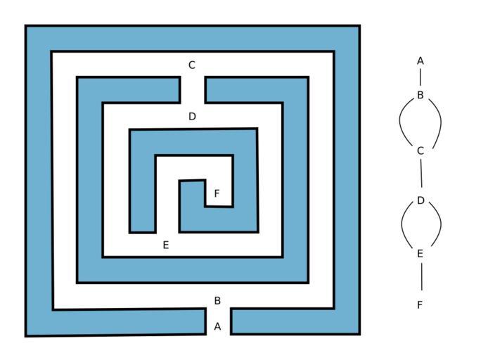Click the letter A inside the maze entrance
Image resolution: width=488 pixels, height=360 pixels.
[x=217, y=326]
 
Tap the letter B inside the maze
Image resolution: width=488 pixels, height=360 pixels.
[x=217, y=300]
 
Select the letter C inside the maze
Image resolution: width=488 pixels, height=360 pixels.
[x=192, y=65]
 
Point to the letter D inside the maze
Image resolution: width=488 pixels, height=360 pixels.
[x=193, y=117]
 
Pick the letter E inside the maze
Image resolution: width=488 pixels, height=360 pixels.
[x=166, y=245]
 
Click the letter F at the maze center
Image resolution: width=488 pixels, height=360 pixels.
[x=217, y=193]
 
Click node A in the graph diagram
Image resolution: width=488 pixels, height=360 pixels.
[x=420, y=61]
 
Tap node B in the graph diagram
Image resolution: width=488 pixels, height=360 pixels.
[x=420, y=95]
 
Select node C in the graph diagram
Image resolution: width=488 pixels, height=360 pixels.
[x=420, y=151]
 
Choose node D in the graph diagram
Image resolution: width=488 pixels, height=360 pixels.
[x=420, y=200]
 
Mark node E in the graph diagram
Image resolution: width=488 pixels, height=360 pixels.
[x=420, y=254]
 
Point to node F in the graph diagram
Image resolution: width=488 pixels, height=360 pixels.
[x=420, y=305]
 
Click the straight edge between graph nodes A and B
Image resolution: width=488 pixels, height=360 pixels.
[x=420, y=77]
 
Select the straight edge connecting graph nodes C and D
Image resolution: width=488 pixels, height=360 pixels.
[x=421, y=173]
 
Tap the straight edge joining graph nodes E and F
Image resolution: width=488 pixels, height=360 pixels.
[x=422, y=276]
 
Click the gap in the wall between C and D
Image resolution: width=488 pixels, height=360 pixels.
[x=193, y=90]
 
